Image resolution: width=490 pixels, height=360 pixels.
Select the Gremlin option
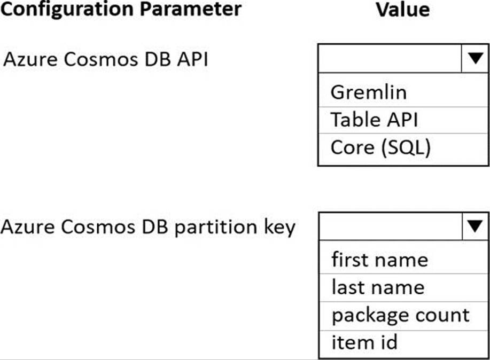[x=369, y=92]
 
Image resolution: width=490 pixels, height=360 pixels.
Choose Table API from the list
[x=374, y=120]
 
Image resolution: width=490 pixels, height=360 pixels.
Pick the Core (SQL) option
[x=380, y=147]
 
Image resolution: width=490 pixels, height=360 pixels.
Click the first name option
[x=380, y=260]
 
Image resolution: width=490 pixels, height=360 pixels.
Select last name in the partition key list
[x=378, y=287]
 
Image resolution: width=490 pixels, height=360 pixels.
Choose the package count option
[x=401, y=316]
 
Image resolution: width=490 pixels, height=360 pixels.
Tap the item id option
[x=364, y=342]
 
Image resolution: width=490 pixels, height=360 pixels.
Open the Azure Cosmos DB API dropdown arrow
[x=476, y=58]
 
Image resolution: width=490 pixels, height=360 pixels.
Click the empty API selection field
[x=390, y=58]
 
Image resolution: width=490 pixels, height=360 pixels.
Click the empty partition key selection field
[x=391, y=226]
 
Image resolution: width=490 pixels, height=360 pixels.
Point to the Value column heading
[x=403, y=10]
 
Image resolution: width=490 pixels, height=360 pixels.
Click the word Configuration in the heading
[x=67, y=10]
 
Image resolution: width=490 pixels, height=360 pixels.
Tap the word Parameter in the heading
[x=191, y=9]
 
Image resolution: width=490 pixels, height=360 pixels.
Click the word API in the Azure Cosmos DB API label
[x=192, y=59]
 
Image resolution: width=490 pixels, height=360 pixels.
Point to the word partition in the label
[x=216, y=227]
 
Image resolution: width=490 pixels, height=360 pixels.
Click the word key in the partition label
[x=279, y=228]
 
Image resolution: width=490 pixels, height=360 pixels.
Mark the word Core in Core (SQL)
[x=353, y=147]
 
